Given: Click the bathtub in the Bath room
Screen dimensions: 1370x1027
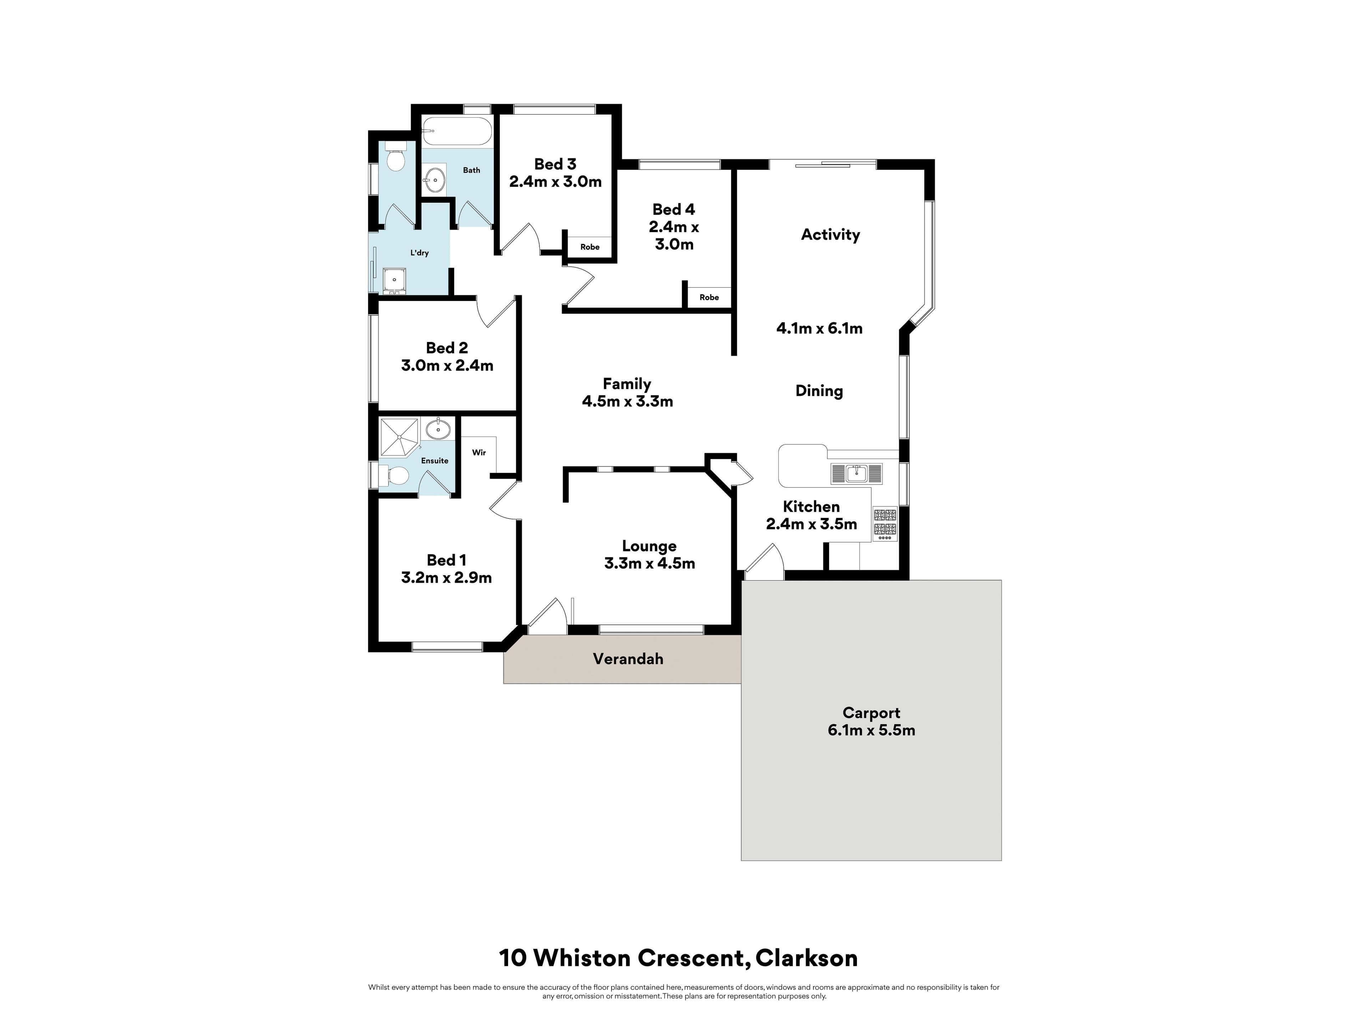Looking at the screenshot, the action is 457,131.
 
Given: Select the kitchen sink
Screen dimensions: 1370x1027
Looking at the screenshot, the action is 857,474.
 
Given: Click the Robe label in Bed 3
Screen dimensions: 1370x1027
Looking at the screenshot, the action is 590,247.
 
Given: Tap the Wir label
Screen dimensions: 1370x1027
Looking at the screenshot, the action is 479,453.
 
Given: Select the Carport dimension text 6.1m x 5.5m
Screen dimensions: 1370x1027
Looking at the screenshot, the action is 871,730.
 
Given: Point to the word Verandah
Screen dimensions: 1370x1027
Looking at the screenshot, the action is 628,659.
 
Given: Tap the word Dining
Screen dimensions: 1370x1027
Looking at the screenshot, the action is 819,391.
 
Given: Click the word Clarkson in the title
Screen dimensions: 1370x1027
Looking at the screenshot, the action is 806,958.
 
